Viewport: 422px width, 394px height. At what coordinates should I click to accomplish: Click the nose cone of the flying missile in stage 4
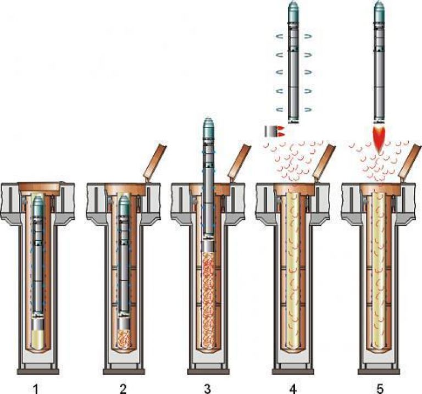point(294,8)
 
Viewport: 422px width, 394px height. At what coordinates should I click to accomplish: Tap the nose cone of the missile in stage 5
point(379,8)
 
